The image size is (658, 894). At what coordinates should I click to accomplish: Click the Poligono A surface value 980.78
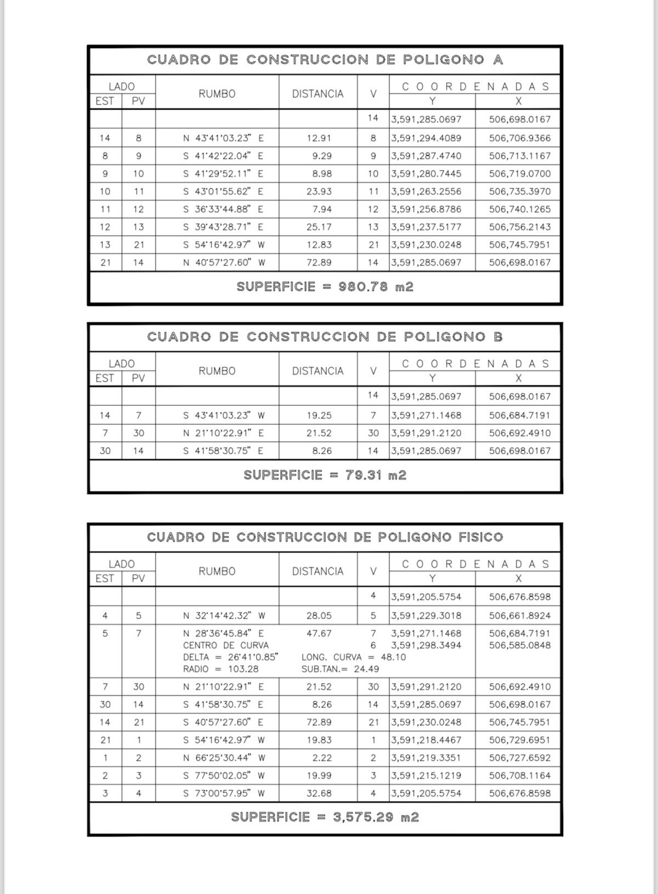tap(363, 286)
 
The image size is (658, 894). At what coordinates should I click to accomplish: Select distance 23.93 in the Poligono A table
tap(319, 191)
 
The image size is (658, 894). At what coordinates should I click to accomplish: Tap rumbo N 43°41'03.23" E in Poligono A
tap(223, 138)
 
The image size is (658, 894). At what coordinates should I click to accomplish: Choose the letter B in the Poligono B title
tap(498, 337)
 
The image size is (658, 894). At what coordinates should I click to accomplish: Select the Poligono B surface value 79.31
tap(363, 475)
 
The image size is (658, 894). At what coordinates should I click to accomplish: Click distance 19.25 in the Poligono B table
tap(319, 415)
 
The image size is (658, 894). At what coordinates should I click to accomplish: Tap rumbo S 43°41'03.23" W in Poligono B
tap(223, 415)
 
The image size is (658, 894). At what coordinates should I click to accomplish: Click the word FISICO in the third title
tap(480, 537)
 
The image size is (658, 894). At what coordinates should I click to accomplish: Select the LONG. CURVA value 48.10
tap(393, 657)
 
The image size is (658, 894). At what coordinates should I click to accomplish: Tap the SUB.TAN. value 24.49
tap(367, 669)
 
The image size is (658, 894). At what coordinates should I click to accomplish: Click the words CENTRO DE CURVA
tap(225, 645)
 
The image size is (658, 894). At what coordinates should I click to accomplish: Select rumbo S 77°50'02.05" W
tap(223, 776)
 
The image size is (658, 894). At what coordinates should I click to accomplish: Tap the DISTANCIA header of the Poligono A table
tap(317, 94)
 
